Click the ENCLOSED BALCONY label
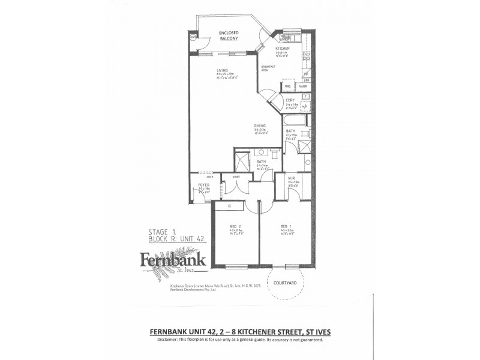(x=229, y=36)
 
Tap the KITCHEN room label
(x=283, y=49)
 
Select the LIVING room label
(x=223, y=71)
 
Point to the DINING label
(x=259, y=126)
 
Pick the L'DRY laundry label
(x=290, y=100)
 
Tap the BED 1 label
(x=286, y=226)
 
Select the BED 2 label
(x=235, y=226)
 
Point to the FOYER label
(x=203, y=185)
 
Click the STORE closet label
(x=229, y=177)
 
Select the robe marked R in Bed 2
(x=230, y=206)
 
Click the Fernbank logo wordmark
(x=173, y=259)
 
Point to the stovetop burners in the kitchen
(x=306, y=58)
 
